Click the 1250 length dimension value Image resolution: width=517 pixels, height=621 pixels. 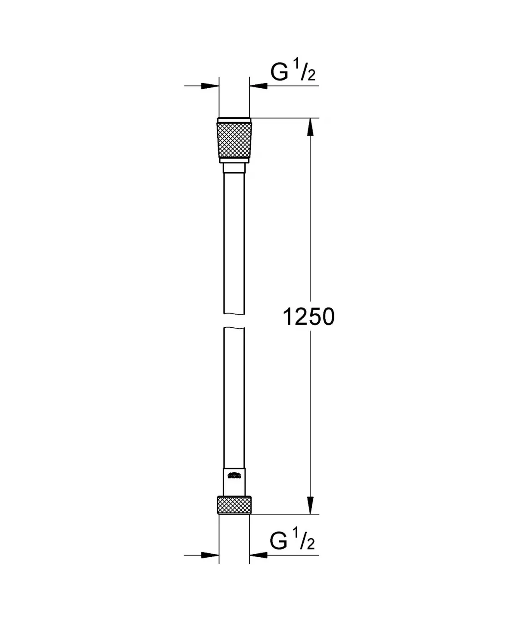coord(308,317)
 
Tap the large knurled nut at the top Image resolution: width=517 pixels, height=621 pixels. coord(234,140)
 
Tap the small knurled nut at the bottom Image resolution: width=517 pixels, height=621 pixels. coord(234,505)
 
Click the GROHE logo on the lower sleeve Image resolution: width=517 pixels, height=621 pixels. coord(234,476)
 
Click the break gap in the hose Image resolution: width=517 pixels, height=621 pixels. coord(234,321)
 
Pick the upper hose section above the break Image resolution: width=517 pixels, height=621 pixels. coord(234,241)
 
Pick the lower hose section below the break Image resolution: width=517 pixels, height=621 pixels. coord(234,396)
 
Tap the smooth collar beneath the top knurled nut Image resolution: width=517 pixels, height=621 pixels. coord(234,161)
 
